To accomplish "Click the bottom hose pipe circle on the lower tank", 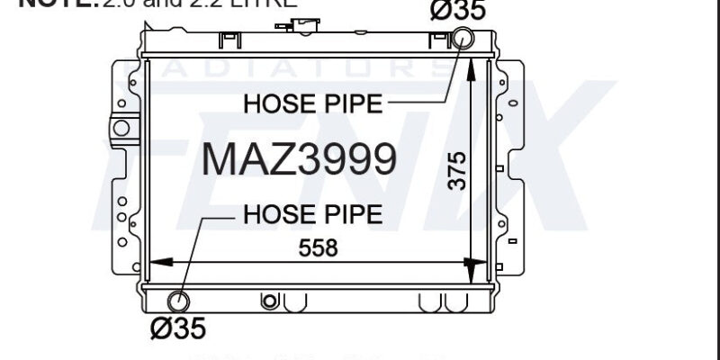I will pyautogui.click(x=178, y=301).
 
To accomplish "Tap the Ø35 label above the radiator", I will pyautogui.click(x=458, y=11).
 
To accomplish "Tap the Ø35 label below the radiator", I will pyautogui.click(x=177, y=328).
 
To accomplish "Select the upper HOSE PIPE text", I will pyautogui.click(x=312, y=104).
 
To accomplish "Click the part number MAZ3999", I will pyautogui.click(x=298, y=159).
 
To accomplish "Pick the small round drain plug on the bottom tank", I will pyautogui.click(x=267, y=301).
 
